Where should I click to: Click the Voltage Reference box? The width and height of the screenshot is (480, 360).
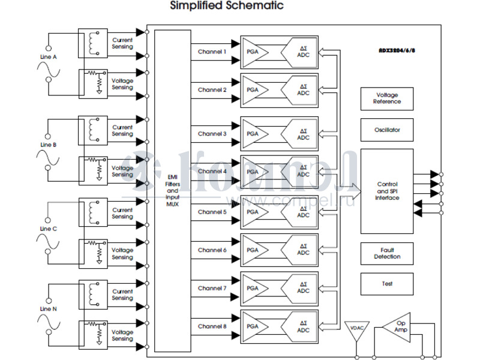387,98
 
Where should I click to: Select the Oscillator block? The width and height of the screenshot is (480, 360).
387,130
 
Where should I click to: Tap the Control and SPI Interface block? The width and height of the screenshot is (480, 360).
387,191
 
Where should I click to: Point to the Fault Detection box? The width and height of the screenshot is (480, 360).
387,253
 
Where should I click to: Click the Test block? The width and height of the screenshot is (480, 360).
387,284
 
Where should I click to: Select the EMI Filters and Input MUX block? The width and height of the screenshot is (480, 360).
172,191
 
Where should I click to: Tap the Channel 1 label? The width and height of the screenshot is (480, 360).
212,52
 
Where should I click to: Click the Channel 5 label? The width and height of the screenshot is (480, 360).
212,212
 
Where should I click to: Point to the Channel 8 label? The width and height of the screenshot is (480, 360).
212,326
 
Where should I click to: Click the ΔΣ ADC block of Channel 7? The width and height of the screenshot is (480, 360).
302,288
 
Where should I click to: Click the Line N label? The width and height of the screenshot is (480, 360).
48,308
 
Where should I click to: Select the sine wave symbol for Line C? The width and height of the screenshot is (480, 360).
48,241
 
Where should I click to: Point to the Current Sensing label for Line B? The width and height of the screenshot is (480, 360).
122,130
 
